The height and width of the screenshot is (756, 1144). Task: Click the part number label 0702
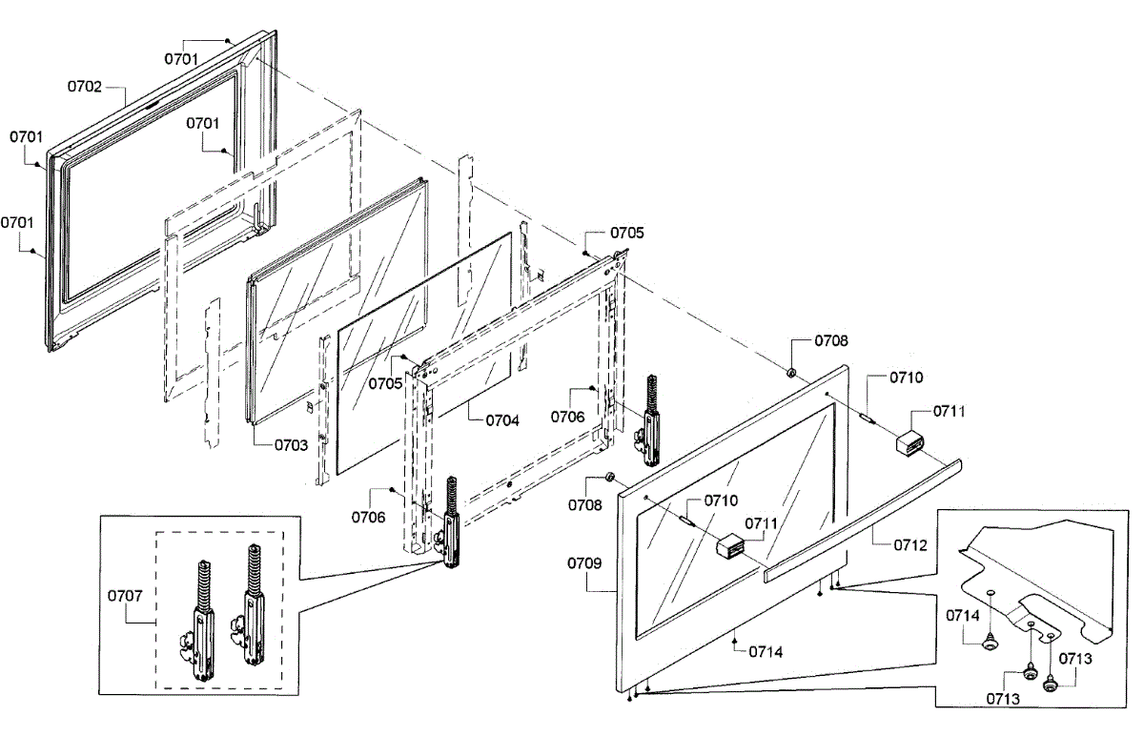(85, 87)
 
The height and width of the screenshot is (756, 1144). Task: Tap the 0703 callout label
(291, 445)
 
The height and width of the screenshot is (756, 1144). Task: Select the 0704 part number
(502, 421)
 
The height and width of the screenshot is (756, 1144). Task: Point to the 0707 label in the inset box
(125, 596)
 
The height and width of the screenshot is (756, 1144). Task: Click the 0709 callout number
(584, 563)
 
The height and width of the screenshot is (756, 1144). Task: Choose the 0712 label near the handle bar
(910, 545)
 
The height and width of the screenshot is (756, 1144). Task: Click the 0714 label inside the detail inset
(963, 616)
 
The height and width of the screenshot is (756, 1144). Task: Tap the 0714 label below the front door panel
(766, 652)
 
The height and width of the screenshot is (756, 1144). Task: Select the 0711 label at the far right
(950, 411)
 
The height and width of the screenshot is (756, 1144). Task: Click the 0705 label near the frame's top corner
(627, 233)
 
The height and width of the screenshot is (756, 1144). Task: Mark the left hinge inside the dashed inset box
(204, 621)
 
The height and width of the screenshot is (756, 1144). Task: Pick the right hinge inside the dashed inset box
(249, 604)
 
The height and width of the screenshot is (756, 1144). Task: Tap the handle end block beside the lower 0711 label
(731, 546)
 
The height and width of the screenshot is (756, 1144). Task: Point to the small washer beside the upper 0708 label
(791, 373)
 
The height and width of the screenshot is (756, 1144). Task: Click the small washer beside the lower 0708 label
(609, 477)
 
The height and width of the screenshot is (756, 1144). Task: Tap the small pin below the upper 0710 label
(868, 418)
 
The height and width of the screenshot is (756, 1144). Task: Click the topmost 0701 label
(181, 59)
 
